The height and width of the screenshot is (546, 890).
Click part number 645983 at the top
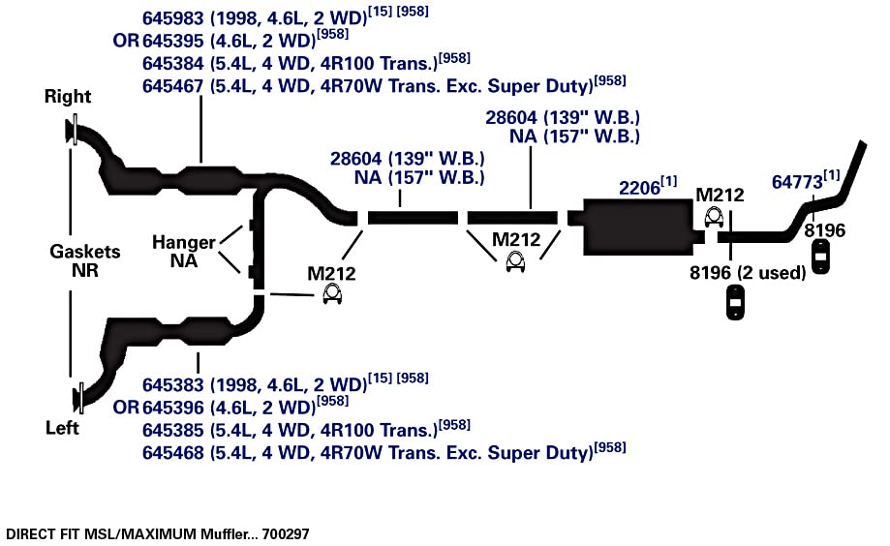pos(172,18)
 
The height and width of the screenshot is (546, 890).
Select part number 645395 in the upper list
pos(172,41)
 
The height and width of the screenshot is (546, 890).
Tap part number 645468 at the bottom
pos(172,453)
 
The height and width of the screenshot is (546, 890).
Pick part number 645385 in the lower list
pos(172,430)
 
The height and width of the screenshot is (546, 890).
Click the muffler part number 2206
pos(640,188)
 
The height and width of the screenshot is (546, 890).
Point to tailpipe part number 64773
pos(797,182)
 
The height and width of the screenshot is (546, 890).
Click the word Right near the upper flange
pos(68,97)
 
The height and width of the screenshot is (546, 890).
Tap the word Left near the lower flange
pos(62,427)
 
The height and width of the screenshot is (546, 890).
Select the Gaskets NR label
pos(85,260)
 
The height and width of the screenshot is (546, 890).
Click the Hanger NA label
pos(183,252)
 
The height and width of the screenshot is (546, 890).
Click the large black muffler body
pos(637,227)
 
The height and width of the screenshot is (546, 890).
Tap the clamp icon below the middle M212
pos(515,262)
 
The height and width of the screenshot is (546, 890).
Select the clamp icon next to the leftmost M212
pos(332,294)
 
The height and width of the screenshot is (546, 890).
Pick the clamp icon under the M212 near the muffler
pos(714,218)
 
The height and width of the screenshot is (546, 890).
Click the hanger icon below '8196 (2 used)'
pos(735,302)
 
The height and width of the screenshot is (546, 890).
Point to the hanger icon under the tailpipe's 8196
pos(820,258)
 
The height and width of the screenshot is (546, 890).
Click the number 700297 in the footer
pos(286,534)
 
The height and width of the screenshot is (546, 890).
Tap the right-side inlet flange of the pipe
pos(73,130)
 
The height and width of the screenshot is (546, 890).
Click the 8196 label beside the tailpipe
pos(825,230)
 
